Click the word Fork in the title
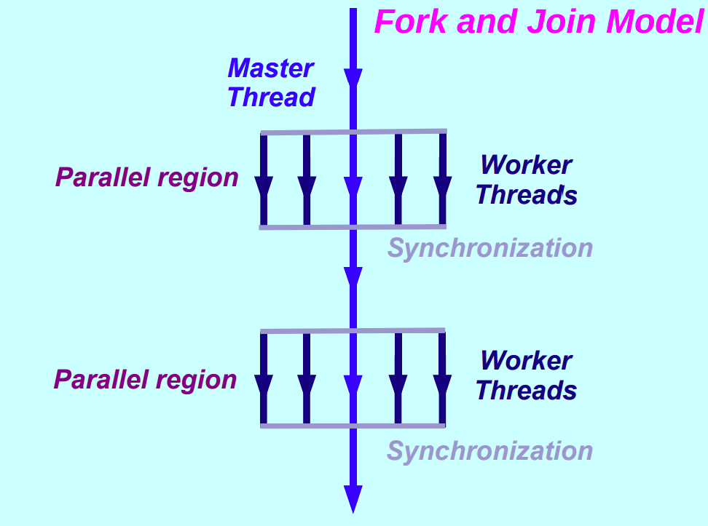pyautogui.click(x=410, y=22)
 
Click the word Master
pyautogui.click(x=270, y=68)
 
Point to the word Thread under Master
pyautogui.click(x=271, y=97)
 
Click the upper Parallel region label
pyautogui.click(x=146, y=178)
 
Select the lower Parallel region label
pyautogui.click(x=145, y=380)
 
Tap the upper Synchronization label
pyautogui.click(x=489, y=248)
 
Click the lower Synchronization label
pyautogui.click(x=489, y=451)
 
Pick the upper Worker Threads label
pyautogui.click(x=526, y=180)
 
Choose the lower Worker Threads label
pyautogui.click(x=526, y=376)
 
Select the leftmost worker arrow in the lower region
pyautogui.click(x=264, y=384)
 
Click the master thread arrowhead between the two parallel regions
pyautogui.click(x=353, y=277)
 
